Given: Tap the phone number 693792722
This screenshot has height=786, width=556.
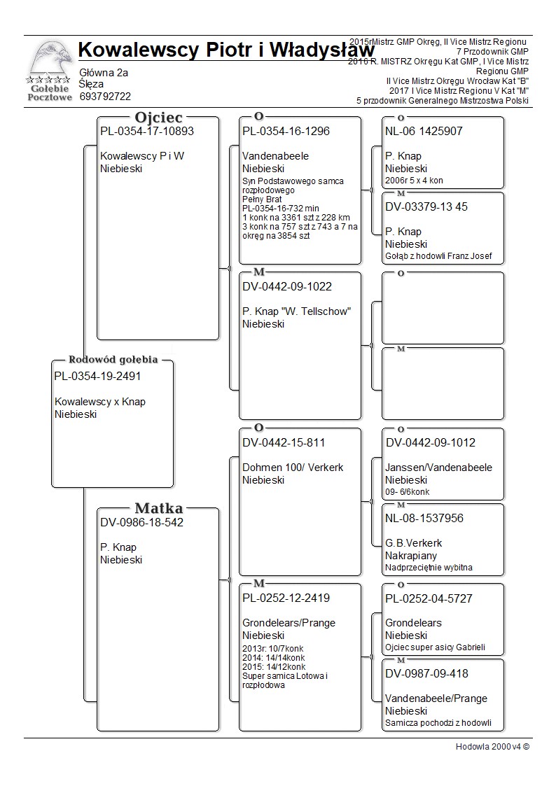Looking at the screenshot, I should tap(106, 97).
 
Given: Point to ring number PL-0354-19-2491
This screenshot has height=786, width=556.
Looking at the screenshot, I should tap(97, 377).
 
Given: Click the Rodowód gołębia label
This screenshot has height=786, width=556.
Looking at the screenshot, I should tap(113, 360).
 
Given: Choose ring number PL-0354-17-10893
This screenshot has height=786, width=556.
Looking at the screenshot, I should tap(147, 131).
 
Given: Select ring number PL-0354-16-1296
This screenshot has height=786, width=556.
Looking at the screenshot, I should tap(286, 131).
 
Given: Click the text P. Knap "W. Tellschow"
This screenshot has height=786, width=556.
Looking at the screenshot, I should tap(296, 311).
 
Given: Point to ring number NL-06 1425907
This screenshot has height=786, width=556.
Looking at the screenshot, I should tap(424, 131).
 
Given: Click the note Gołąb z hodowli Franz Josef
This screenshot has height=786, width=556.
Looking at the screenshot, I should tap(438, 256).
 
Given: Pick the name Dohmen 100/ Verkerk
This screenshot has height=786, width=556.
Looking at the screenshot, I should tap(293, 468).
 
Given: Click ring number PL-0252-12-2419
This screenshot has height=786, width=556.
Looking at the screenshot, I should tap(286, 598).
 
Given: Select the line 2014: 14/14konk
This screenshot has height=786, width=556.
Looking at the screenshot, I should tap(273, 658).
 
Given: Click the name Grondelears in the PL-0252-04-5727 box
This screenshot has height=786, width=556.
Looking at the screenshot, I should tap(413, 623).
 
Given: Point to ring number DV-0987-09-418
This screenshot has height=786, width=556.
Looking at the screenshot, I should tap(426, 673).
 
